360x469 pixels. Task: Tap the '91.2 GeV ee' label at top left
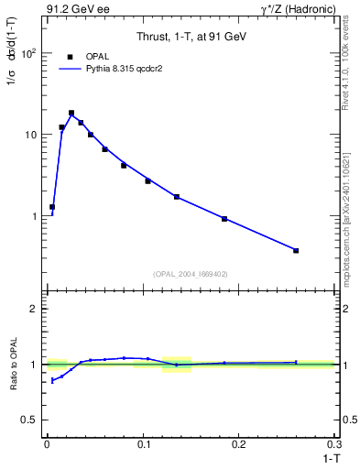(x=76, y=9)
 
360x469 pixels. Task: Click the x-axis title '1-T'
(x=328, y=456)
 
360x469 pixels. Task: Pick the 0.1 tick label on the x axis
(x=144, y=443)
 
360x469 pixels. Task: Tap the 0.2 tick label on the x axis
(x=240, y=443)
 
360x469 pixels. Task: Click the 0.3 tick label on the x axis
(x=335, y=443)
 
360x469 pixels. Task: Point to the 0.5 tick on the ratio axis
(x=33, y=420)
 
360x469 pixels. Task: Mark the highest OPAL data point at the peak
(x=71, y=113)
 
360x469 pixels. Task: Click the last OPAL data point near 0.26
(x=296, y=250)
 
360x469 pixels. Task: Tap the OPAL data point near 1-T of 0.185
(x=224, y=219)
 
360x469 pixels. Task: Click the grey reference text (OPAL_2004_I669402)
(x=191, y=273)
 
